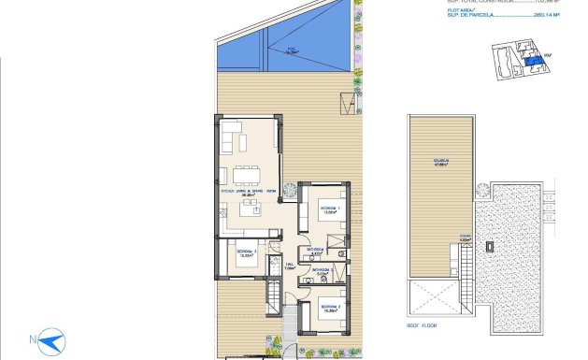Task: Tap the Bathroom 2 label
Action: [323, 273]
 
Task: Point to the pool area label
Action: [294, 52]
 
